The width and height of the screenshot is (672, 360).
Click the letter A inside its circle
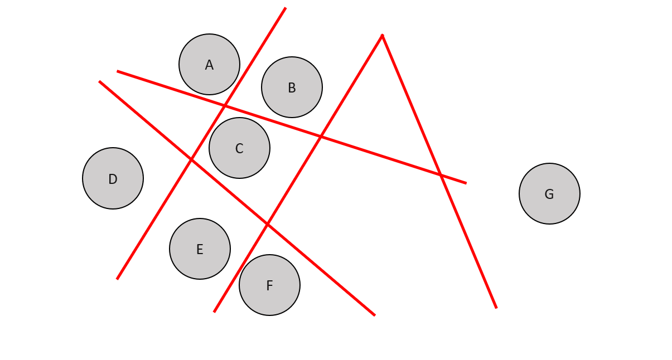(x=209, y=65)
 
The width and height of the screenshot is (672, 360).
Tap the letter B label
(x=292, y=88)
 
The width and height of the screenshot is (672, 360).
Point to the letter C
(x=239, y=149)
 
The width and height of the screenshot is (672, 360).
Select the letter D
(x=113, y=179)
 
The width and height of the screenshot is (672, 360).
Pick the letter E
(x=200, y=250)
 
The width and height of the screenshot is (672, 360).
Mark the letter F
(x=269, y=286)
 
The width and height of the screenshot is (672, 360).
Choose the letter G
(x=549, y=194)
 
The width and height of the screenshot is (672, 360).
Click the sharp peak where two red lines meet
(x=382, y=35)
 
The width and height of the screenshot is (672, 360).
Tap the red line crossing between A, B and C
(x=224, y=105)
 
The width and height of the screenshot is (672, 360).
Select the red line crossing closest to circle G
(x=441, y=176)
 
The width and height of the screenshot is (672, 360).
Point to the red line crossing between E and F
(x=268, y=224)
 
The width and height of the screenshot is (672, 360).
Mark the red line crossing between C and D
(x=191, y=159)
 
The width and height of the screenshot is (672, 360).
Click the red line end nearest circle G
(x=466, y=183)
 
